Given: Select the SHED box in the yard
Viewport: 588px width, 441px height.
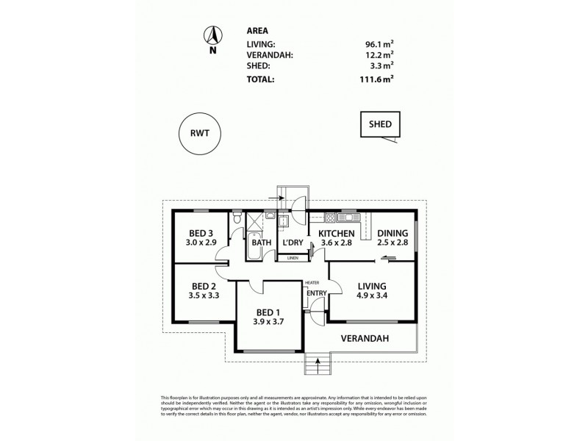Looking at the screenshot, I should pyautogui.click(x=380, y=125).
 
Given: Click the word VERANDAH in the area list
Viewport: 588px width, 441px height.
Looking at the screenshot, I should pyautogui.click(x=270, y=54).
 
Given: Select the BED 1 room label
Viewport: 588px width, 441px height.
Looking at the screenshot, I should pyautogui.click(x=268, y=312).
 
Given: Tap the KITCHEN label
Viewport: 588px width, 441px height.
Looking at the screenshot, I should pyautogui.click(x=336, y=233).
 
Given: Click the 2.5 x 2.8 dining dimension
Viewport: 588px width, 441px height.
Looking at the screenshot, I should pyautogui.click(x=392, y=243).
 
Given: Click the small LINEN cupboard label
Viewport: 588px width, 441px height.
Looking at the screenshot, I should pyautogui.click(x=293, y=258).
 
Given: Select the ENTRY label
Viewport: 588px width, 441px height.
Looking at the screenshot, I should pyautogui.click(x=316, y=294).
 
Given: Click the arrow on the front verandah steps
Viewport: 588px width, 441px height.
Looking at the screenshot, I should pyautogui.click(x=318, y=360).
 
